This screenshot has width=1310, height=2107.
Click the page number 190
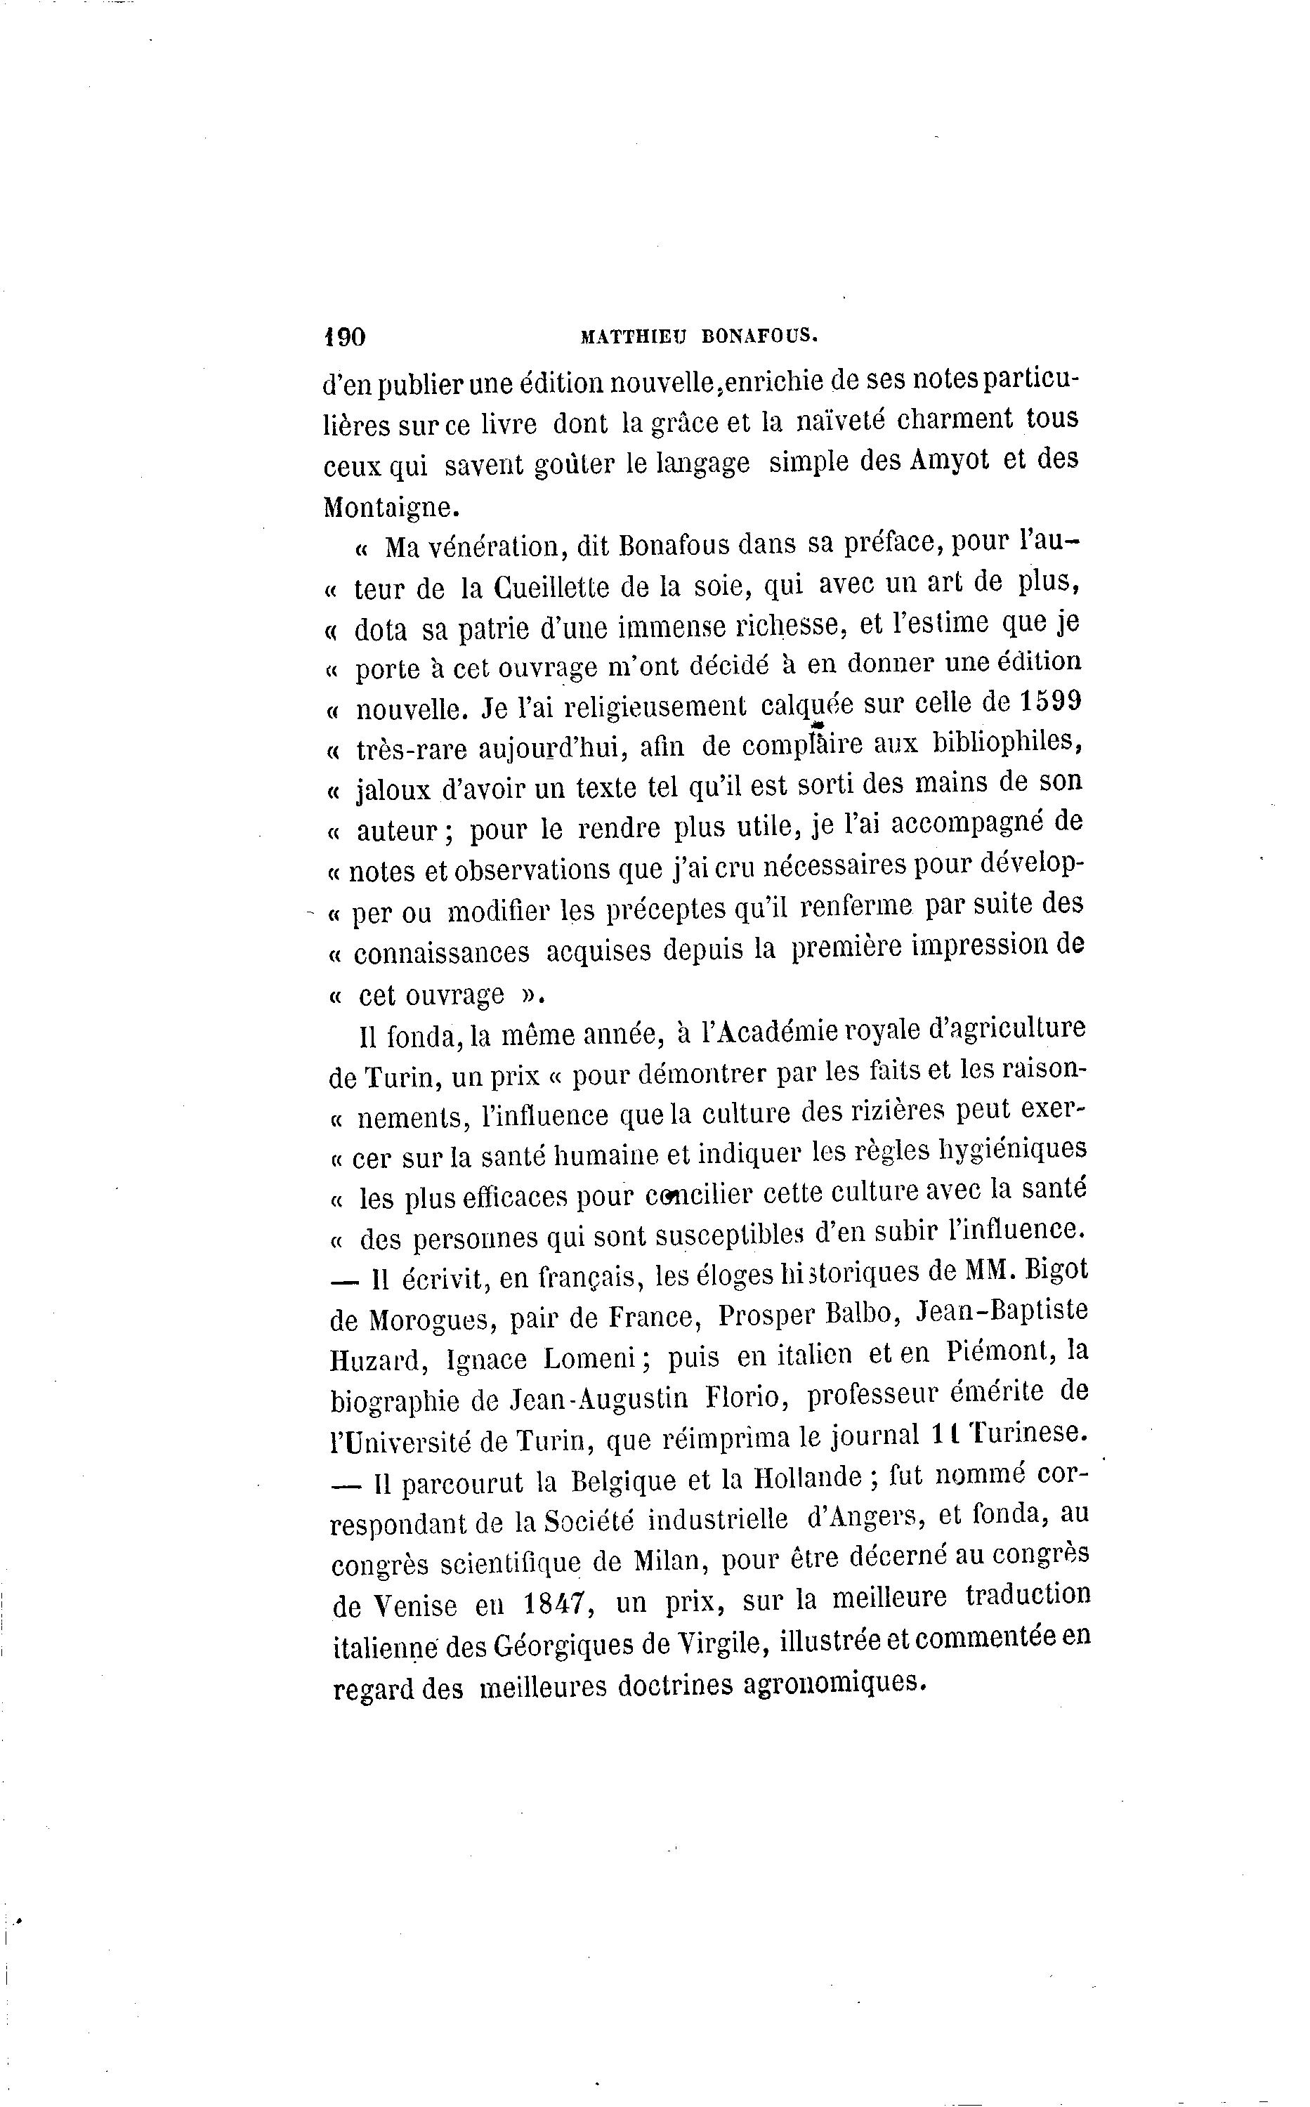[344, 337]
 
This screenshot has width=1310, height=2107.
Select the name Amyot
[950, 460]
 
